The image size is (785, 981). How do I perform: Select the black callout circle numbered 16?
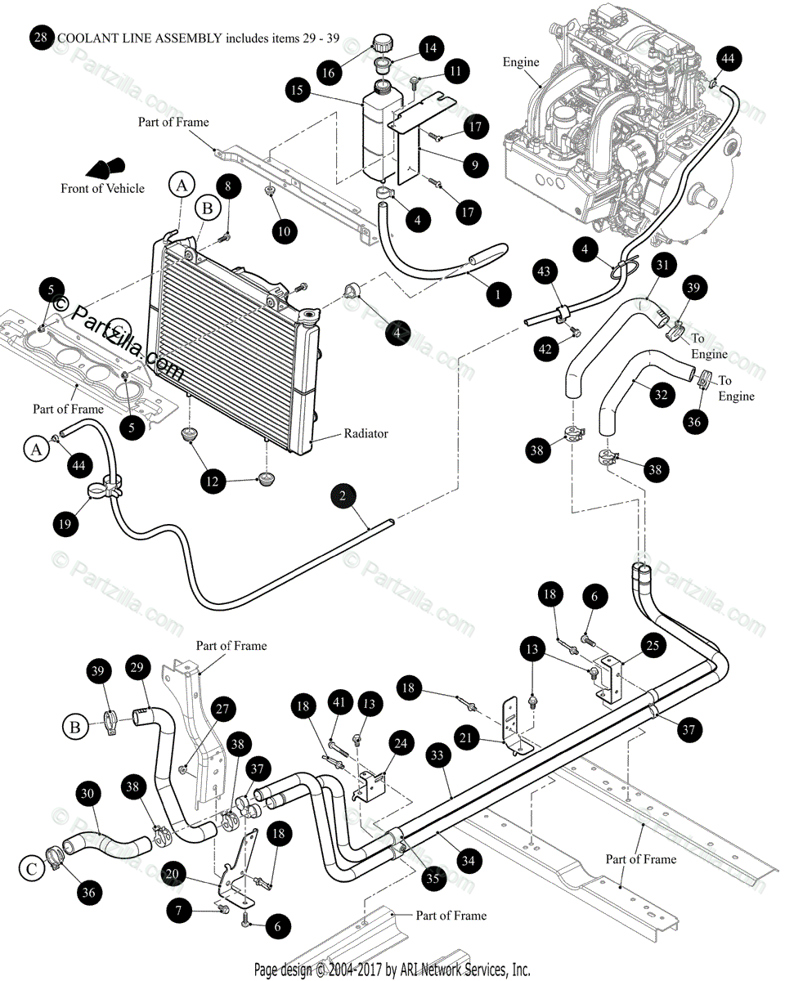pyautogui.click(x=328, y=73)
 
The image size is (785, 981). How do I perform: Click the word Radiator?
pyautogui.click(x=366, y=433)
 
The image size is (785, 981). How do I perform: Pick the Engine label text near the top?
pyautogui.click(x=521, y=62)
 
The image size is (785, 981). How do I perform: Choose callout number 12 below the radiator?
pyautogui.click(x=214, y=482)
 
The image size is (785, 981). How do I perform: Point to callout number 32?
pyautogui.click(x=660, y=394)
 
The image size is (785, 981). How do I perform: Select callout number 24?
pyautogui.click(x=400, y=744)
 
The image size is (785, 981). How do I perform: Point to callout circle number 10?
pyautogui.click(x=285, y=231)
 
